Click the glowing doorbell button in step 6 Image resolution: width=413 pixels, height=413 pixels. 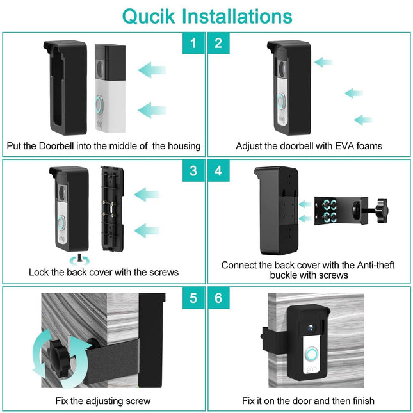click(312, 355)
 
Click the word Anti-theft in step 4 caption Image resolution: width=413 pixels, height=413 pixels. click(345, 264)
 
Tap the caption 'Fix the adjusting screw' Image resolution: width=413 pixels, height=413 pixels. click(103, 401)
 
